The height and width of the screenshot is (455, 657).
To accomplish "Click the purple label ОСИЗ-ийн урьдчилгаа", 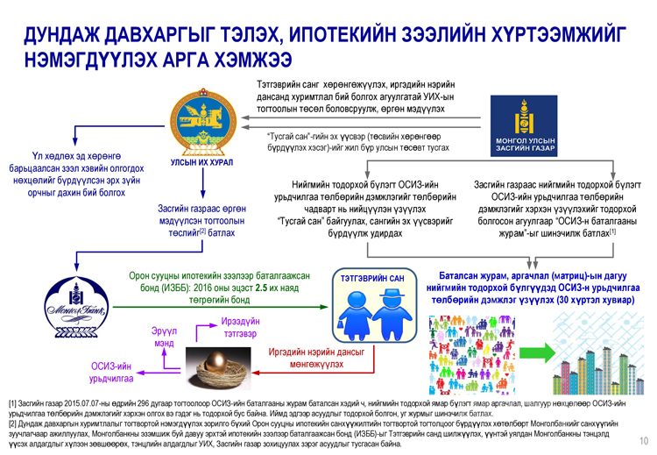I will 111,371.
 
